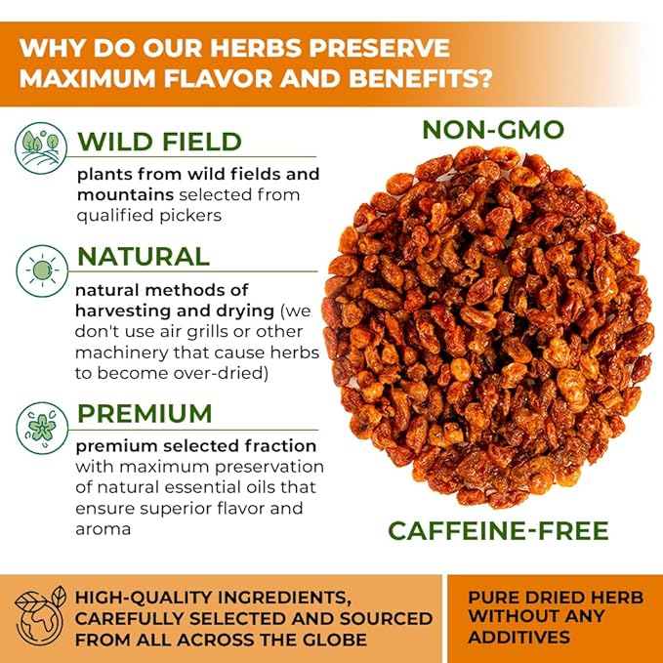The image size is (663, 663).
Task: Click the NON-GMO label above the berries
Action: tap(493, 130)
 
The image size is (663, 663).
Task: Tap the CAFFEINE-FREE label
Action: tap(499, 530)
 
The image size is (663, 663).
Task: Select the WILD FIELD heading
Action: tap(159, 142)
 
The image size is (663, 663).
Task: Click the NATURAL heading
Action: tap(144, 257)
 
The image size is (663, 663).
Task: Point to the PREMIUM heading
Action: tap(145, 413)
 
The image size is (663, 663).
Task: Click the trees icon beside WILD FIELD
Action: tap(41, 148)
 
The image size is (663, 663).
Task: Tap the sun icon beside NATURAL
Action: tap(42, 270)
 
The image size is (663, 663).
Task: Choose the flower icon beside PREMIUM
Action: tap(42, 428)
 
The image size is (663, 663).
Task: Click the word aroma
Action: tap(103, 529)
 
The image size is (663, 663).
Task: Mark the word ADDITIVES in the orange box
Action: tap(518, 637)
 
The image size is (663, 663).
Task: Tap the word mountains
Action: tap(125, 195)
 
